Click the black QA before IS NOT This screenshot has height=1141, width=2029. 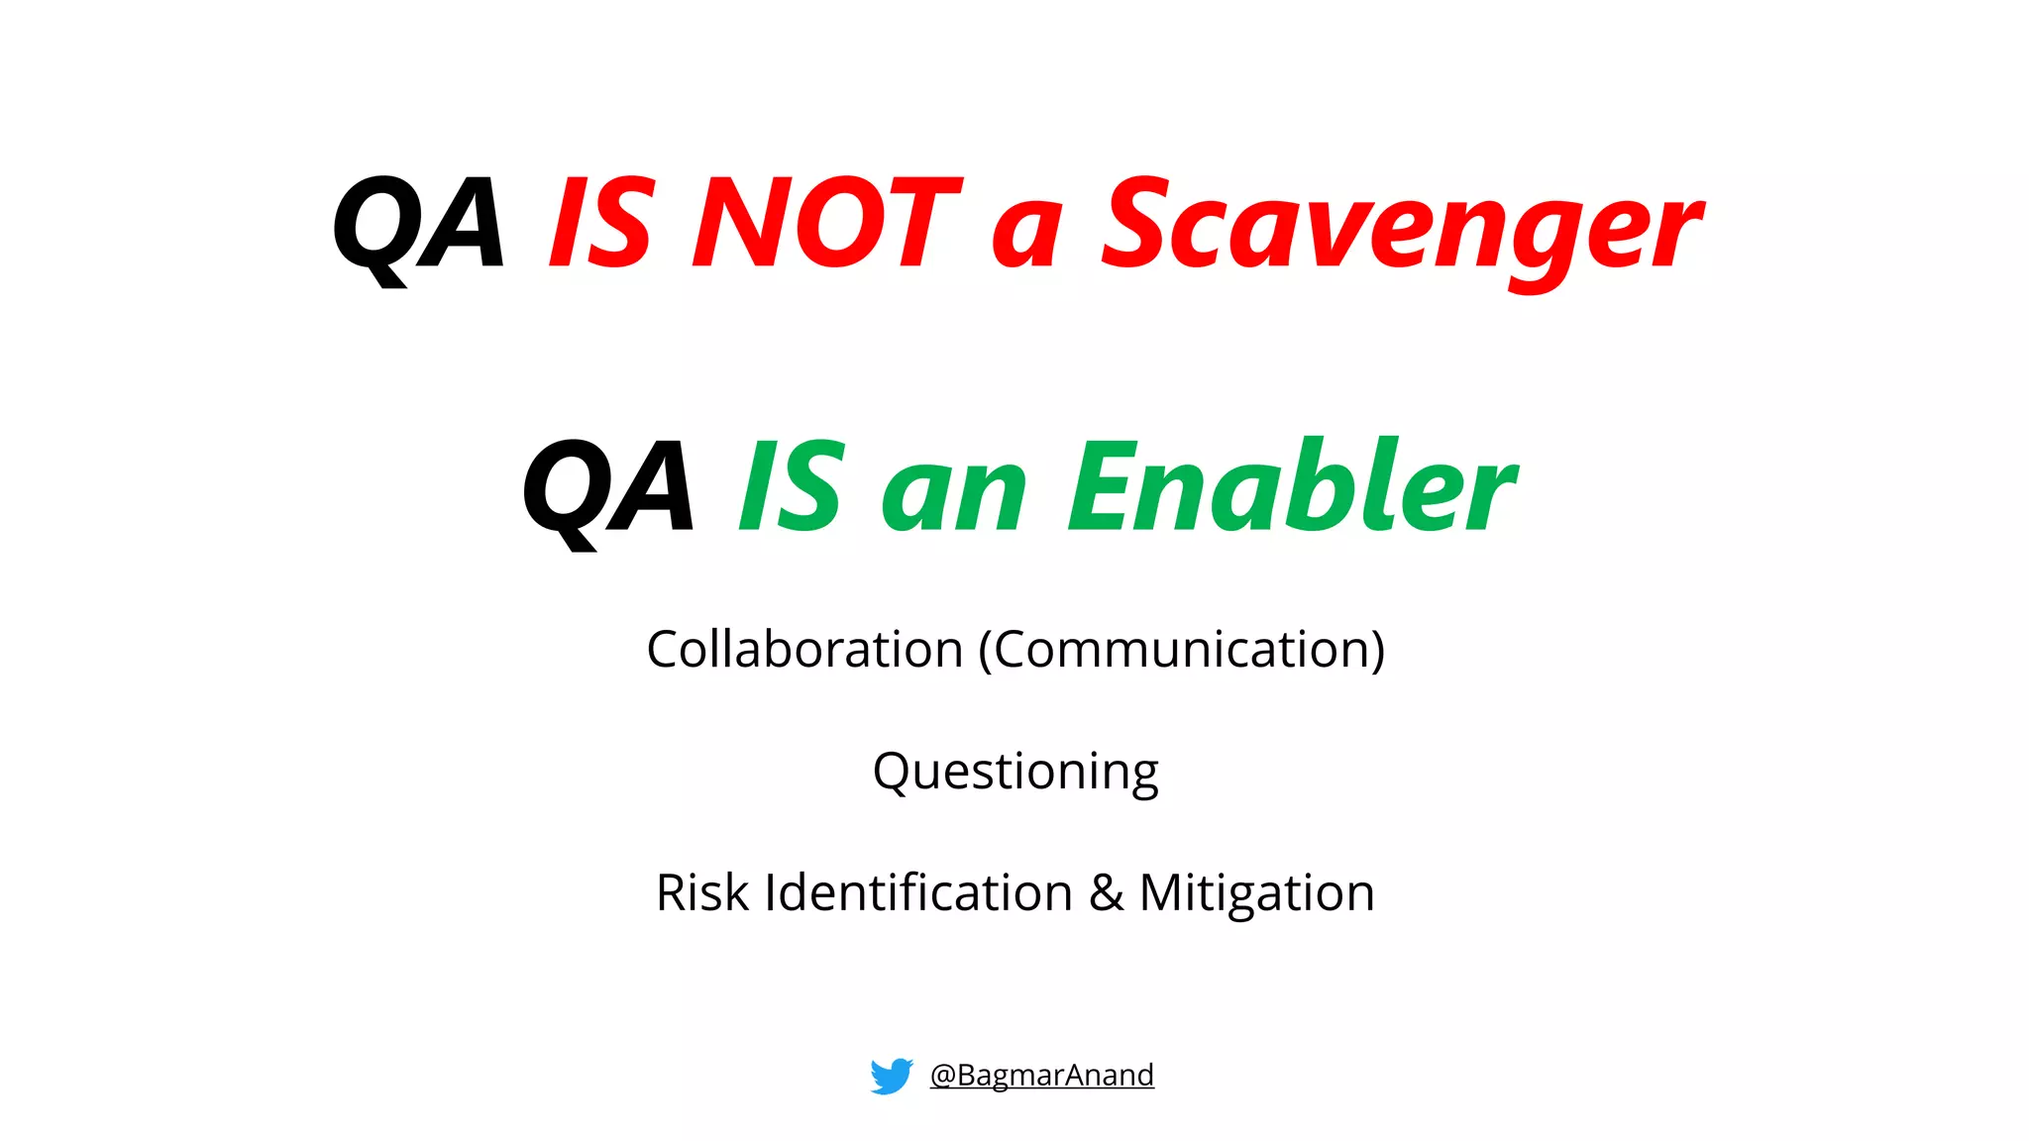(418, 225)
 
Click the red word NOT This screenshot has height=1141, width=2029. (825, 223)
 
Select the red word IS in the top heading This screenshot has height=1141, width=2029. (601, 223)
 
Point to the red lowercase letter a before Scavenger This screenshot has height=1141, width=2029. (1028, 235)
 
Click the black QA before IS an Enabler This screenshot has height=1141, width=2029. (608, 488)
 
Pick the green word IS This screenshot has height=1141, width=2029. (792, 486)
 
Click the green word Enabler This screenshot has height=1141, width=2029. (1292, 486)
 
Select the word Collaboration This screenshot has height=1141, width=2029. (804, 650)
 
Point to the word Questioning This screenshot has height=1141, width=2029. (1015, 772)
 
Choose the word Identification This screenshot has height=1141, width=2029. (918, 892)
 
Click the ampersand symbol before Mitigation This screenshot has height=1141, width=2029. (1107, 893)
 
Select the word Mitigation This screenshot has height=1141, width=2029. (1256, 892)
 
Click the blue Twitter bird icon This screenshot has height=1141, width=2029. (891, 1076)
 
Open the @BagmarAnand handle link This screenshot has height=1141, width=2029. (1041, 1075)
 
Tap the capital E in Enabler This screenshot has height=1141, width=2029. (1102, 486)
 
